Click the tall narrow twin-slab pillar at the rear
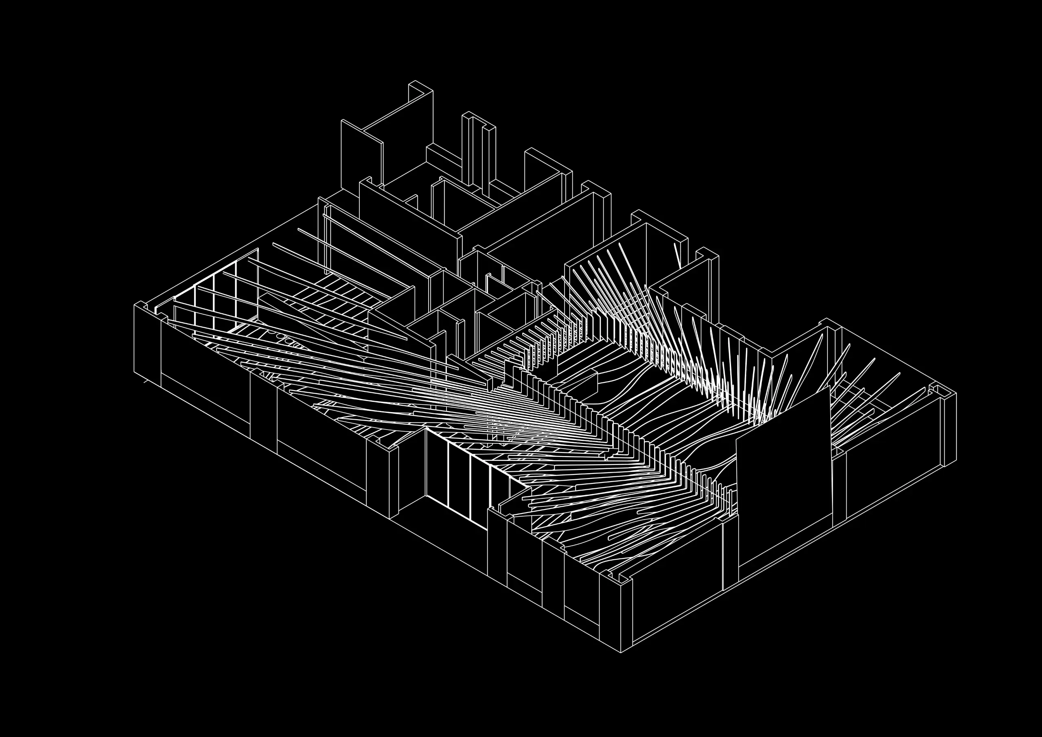click(479, 150)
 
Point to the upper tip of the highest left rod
click(299, 229)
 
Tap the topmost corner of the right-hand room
click(826, 319)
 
